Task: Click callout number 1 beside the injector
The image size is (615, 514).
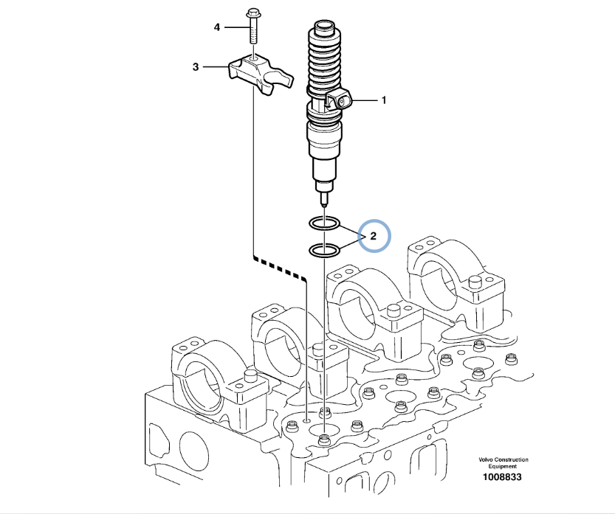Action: click(384, 100)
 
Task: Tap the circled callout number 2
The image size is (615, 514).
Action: click(373, 236)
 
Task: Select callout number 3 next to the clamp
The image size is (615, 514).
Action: click(196, 67)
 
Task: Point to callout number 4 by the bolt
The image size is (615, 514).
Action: click(217, 27)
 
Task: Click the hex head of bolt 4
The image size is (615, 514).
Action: click(252, 15)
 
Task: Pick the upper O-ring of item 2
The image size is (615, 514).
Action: click(324, 224)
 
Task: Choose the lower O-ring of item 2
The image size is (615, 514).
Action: click(324, 251)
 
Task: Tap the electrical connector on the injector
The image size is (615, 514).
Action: click(340, 100)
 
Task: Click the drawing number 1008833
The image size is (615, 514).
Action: click(502, 477)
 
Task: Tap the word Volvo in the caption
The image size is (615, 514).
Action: click(486, 459)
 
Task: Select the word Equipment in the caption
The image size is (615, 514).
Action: click(503, 466)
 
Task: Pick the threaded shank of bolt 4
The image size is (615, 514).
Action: click(252, 31)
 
